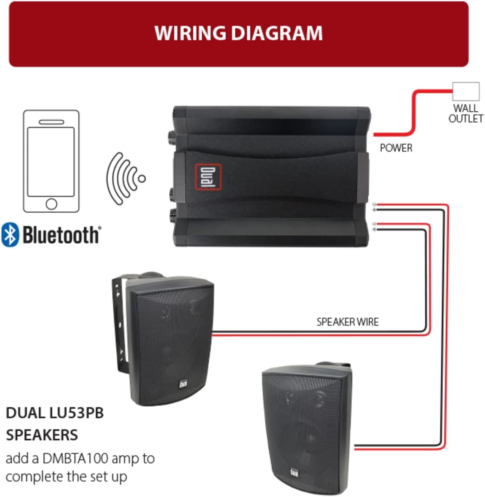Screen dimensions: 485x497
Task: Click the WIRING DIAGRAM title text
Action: (x=239, y=33)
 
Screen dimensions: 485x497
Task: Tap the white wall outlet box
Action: (x=466, y=92)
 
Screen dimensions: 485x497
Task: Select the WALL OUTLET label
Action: (x=466, y=114)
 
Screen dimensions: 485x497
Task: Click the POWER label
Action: (x=396, y=148)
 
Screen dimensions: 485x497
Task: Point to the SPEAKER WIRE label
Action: (x=347, y=322)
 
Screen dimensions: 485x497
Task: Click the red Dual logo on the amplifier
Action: (x=208, y=177)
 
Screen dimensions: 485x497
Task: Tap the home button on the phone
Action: (x=51, y=204)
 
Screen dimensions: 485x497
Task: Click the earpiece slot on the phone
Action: (x=51, y=122)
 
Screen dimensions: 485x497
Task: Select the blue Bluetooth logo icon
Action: (x=10, y=235)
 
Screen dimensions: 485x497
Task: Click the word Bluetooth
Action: (x=61, y=235)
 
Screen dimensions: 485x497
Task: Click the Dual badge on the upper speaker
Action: (x=183, y=384)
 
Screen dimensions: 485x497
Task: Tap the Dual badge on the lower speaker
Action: (x=294, y=472)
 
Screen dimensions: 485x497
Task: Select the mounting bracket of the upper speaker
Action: (x=120, y=324)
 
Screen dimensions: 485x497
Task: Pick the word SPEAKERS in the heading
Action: (x=42, y=435)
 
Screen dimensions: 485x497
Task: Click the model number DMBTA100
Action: (x=75, y=458)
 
